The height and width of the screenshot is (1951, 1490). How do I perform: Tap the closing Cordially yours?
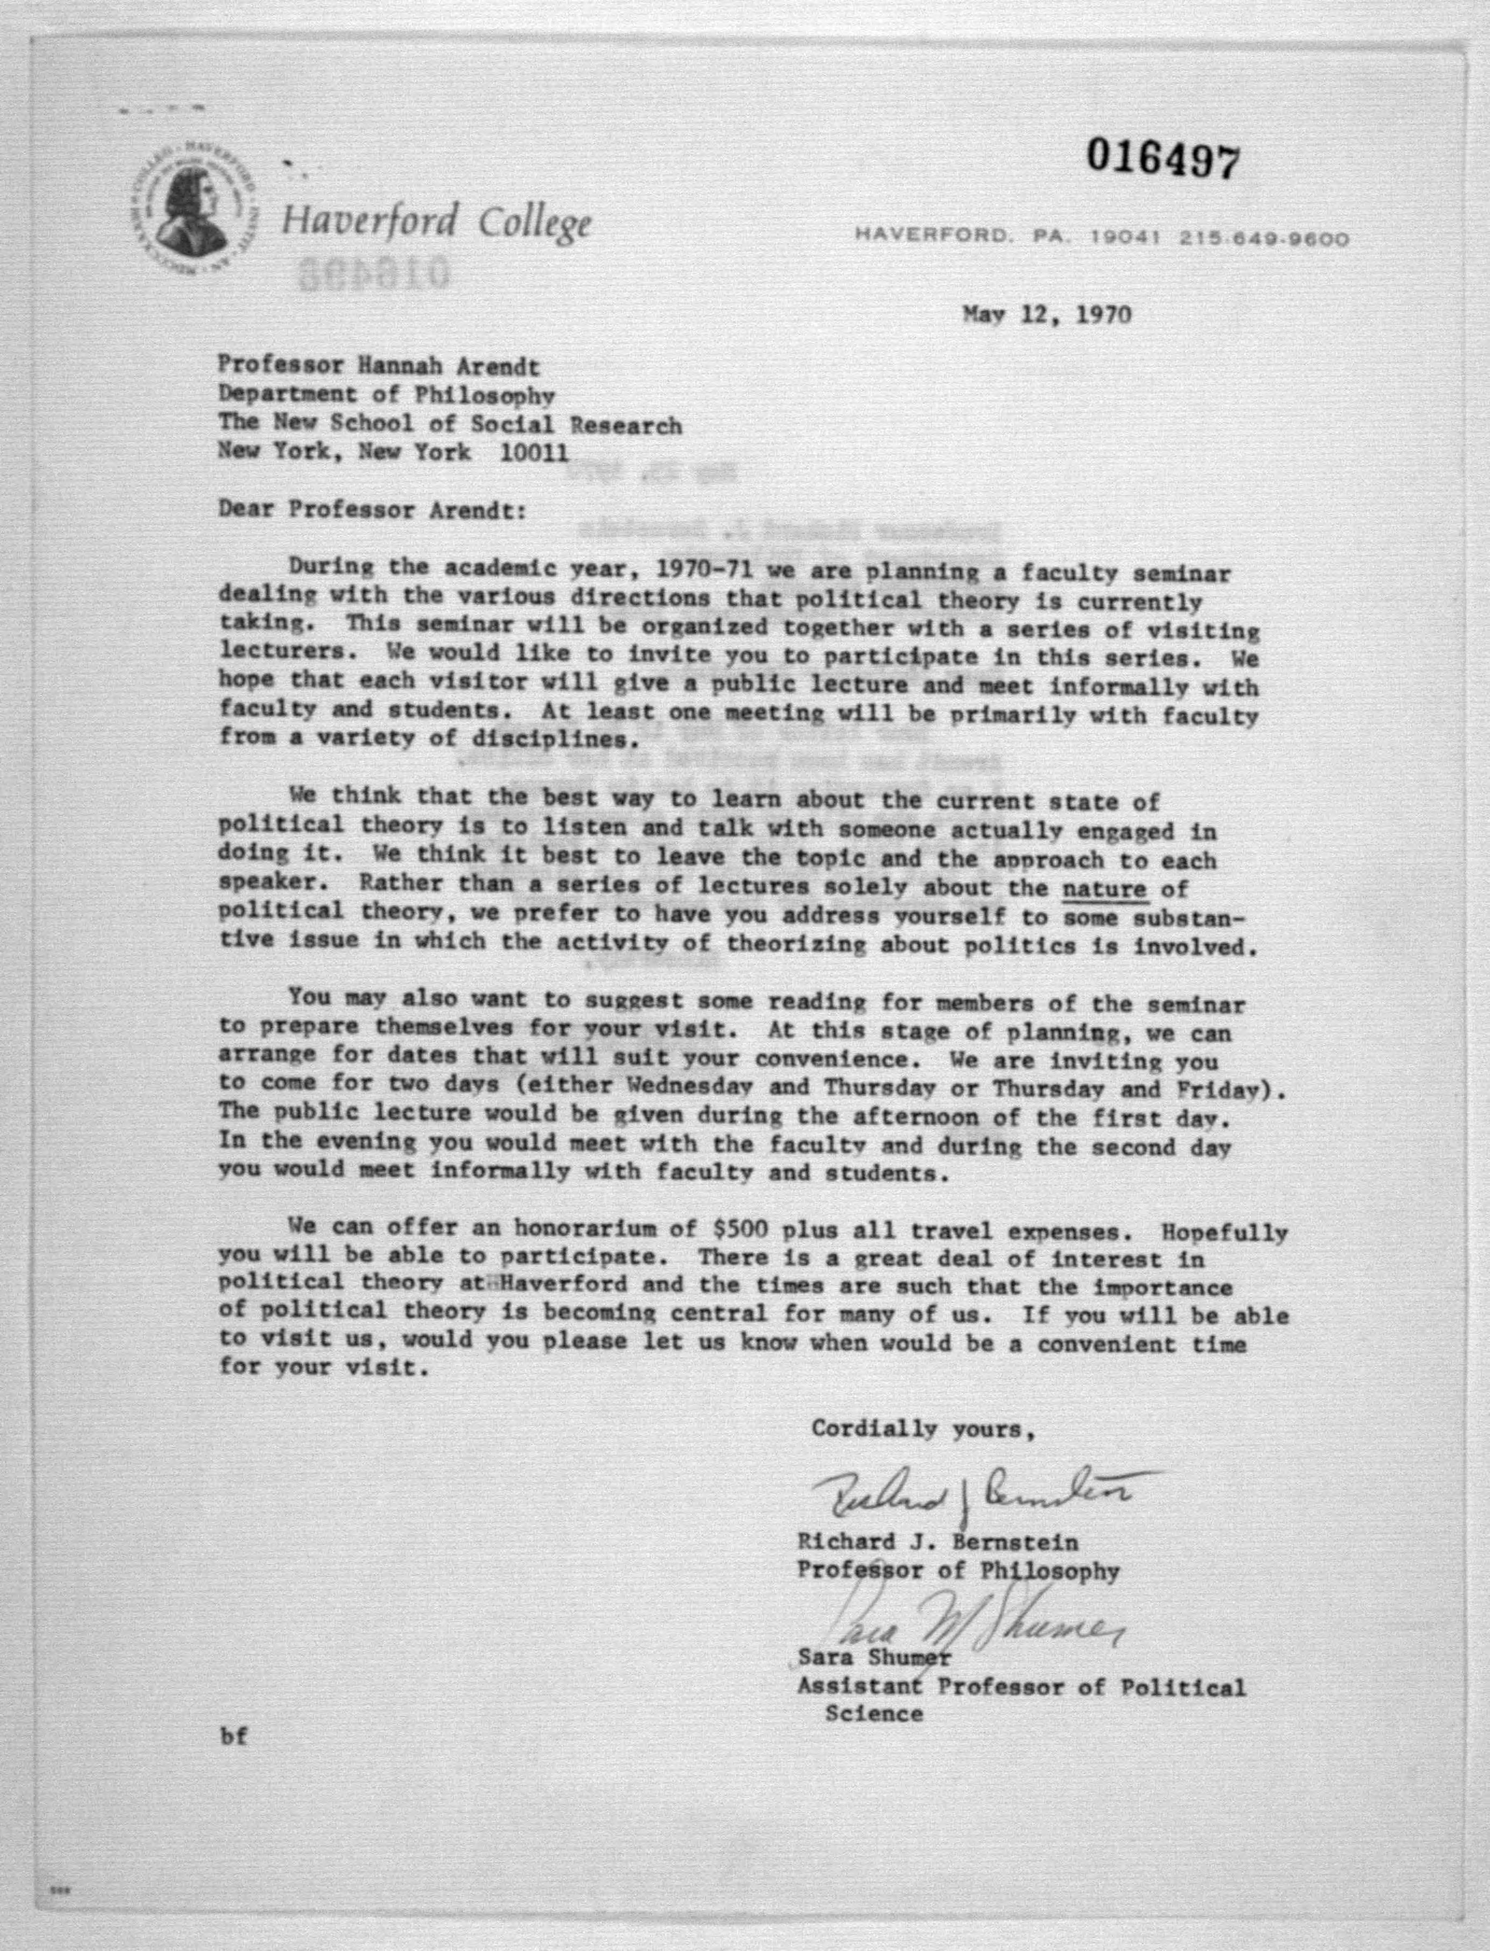[923, 1429]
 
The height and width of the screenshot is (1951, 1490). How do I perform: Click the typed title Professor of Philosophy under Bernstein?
[958, 1570]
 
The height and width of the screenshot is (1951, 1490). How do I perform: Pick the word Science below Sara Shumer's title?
[874, 1714]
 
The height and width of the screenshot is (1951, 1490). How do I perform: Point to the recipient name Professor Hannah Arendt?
[379, 366]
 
